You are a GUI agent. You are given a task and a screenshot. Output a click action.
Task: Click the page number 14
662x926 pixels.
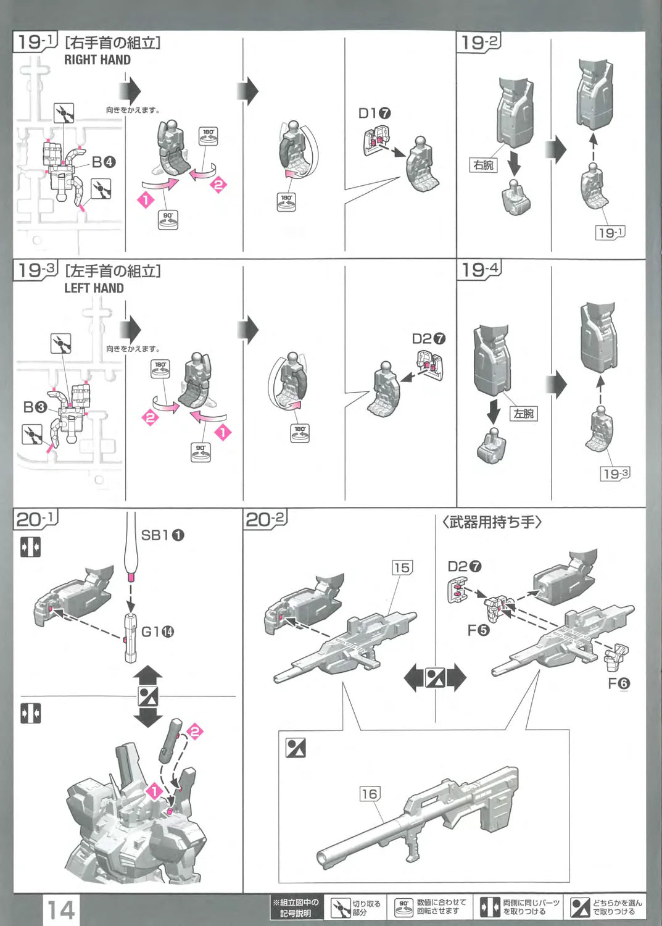coord(61,910)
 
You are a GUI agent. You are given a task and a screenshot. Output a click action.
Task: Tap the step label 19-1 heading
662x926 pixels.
coord(35,42)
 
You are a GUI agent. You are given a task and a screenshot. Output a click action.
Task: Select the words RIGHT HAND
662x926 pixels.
coord(97,60)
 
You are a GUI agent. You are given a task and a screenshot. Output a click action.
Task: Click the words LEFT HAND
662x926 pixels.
coord(94,288)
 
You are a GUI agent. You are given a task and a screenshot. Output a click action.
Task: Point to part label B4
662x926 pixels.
coord(104,162)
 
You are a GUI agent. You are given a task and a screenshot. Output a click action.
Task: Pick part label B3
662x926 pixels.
coord(35,407)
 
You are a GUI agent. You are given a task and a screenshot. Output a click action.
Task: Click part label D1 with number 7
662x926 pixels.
coord(374,114)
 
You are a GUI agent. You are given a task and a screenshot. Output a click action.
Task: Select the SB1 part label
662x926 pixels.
coord(162,535)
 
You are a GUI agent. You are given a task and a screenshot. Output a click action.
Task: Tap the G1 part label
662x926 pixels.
coord(157,632)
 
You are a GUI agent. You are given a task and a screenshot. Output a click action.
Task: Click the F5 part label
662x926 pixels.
coord(478,630)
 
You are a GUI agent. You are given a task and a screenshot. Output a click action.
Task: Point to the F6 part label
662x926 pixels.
coord(619,683)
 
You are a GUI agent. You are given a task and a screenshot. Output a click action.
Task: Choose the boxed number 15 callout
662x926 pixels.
coord(402,567)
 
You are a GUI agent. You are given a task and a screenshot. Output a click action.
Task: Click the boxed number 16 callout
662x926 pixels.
coord(369,794)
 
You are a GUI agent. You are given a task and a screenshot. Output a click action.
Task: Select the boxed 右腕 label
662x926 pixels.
coord(483,165)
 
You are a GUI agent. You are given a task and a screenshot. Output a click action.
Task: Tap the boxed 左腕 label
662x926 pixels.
coord(524,414)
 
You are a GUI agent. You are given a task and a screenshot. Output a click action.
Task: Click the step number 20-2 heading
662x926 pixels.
coord(266,519)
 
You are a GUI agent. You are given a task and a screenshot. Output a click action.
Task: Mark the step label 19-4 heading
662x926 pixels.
coord(479,269)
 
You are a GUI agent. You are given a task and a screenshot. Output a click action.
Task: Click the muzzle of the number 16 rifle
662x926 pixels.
coord(323,858)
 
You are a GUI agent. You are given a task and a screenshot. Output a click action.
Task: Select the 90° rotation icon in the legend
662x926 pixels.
coord(403,907)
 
